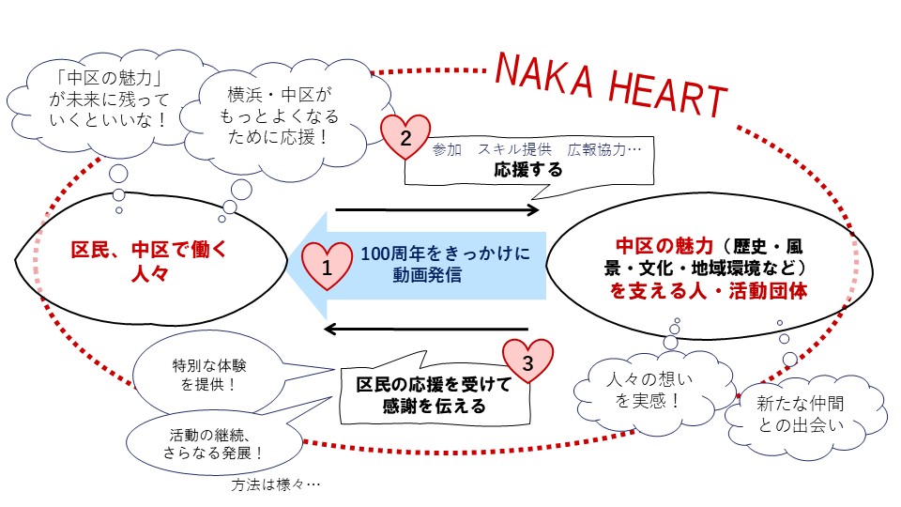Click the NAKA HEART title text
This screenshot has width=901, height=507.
610,83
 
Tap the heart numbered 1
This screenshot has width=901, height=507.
326,267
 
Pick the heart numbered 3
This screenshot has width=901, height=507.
527,363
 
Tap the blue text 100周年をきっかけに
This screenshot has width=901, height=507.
446,253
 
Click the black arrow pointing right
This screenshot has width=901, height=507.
436,209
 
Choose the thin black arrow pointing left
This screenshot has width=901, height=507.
427,328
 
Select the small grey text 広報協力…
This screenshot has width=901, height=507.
604,149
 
